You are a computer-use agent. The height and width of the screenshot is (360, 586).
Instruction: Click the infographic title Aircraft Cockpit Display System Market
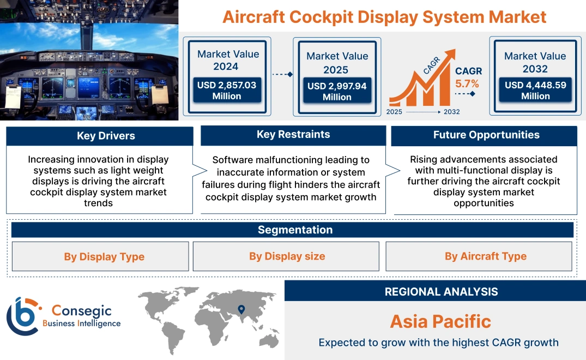(x=384, y=17)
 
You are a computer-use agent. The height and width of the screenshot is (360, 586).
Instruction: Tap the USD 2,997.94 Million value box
(x=337, y=91)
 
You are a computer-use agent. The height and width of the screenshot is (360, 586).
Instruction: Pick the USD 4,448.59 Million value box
(x=535, y=91)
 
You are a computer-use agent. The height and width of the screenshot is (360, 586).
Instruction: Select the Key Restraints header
(x=293, y=135)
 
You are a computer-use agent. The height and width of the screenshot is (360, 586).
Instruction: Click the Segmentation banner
(x=294, y=230)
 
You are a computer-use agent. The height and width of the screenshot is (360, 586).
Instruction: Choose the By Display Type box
(x=104, y=256)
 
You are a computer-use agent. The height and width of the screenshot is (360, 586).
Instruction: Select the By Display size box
(x=287, y=256)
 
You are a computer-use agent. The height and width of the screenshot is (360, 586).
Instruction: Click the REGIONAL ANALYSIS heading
(x=441, y=292)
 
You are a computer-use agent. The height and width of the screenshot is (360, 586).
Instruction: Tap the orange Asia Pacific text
(x=440, y=321)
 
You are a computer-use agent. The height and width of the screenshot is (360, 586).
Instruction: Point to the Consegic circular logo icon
(x=23, y=316)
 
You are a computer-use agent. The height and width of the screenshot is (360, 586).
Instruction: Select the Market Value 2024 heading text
(x=228, y=60)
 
